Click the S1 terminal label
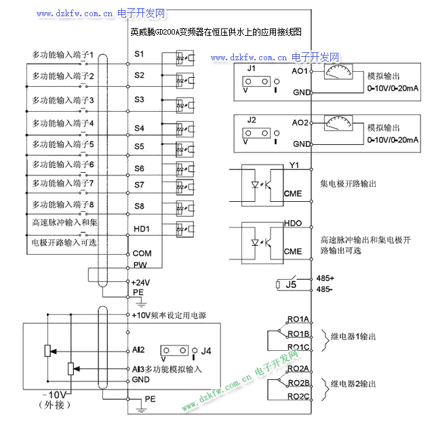[139, 53]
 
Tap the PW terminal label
[140, 265]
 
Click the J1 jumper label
[252, 69]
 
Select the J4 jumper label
[207, 351]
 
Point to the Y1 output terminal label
[294, 165]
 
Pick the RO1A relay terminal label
[298, 319]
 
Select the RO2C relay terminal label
[298, 396]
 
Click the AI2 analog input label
[139, 351]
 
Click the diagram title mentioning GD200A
[215, 32]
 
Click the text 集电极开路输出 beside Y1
[348, 184]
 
